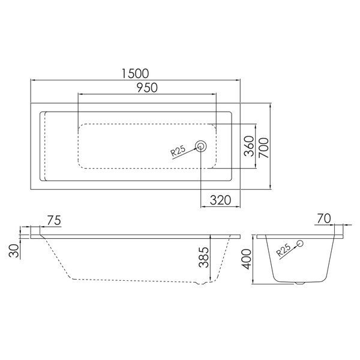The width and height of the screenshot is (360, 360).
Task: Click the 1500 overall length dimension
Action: click(135, 73)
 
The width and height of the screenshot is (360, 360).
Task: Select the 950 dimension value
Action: click(147, 88)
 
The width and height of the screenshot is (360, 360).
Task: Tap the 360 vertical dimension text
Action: click(249, 146)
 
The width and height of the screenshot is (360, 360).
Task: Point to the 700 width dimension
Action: click(263, 148)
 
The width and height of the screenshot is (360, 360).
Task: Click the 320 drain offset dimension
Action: click(220, 200)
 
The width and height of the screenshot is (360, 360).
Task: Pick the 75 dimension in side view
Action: click(54, 220)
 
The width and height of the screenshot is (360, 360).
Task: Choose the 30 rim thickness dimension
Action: click(14, 251)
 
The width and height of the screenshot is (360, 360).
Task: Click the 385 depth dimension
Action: click(204, 257)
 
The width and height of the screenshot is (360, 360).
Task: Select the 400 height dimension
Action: click(247, 259)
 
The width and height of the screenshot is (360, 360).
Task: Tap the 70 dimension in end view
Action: click(324, 218)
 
